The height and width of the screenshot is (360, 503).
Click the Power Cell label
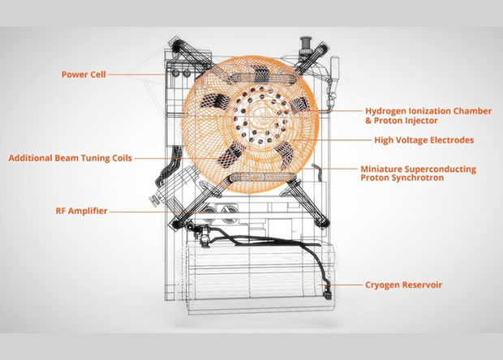(84, 75)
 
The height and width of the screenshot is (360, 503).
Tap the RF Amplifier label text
(81, 211)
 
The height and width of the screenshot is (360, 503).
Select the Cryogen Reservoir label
(403, 285)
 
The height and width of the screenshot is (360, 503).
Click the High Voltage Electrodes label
(424, 140)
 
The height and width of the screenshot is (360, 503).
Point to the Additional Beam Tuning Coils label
(71, 158)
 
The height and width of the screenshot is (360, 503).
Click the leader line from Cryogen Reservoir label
(341, 285)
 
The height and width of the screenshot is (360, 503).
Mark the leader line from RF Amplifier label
(158, 212)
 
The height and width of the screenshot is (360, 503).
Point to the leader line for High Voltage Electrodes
(332, 140)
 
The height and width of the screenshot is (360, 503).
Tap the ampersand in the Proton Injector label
(368, 121)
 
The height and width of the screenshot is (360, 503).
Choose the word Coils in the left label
(121, 158)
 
